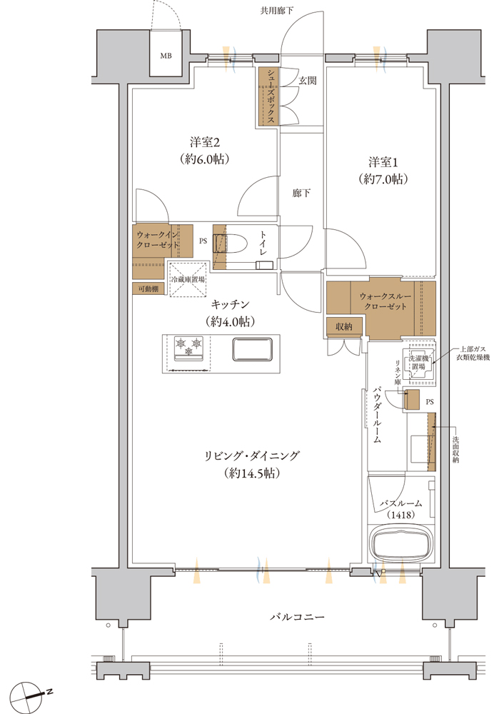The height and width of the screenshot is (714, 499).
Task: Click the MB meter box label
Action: tap(166, 56)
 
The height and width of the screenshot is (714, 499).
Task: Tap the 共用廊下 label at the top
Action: tap(276, 11)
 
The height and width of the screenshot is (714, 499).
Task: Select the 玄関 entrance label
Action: tap(307, 81)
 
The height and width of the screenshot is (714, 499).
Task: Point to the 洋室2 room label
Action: tap(205, 142)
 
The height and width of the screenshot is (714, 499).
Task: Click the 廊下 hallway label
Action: tap(301, 193)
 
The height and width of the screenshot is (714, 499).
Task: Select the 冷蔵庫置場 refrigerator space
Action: tap(188, 279)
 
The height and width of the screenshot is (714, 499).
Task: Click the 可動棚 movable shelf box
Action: tap(148, 288)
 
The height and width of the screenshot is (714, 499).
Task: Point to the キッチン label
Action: tap(230, 304)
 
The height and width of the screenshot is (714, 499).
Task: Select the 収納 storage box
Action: tap(344, 326)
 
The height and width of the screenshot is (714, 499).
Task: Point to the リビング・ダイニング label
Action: tap(251, 456)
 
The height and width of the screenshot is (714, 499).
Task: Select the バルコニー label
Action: tap(297, 617)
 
